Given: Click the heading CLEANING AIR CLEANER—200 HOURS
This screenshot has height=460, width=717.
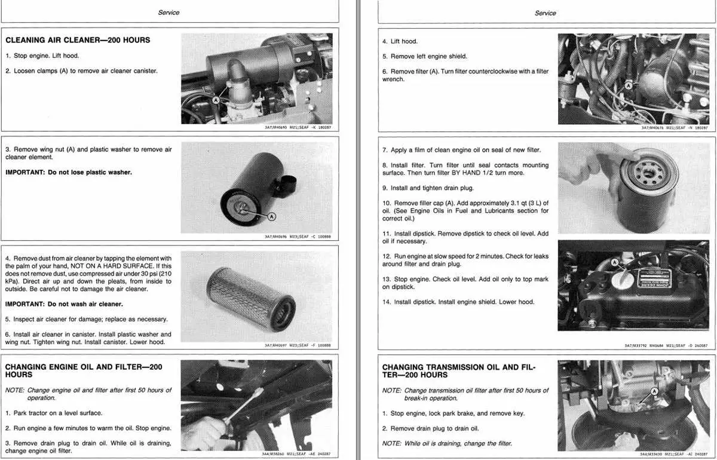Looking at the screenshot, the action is pyautogui.click(x=78, y=40).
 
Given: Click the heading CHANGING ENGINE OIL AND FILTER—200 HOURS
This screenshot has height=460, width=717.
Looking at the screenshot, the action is pyautogui.click(x=84, y=371).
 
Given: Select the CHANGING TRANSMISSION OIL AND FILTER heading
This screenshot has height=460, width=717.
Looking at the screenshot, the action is pyautogui.click(x=459, y=371).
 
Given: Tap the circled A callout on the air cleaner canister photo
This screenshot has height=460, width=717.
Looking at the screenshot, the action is pyautogui.click(x=216, y=100).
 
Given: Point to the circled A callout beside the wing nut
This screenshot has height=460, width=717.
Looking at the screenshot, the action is pyautogui.click(x=271, y=217).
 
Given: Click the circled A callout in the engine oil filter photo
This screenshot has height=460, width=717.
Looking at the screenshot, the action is pyautogui.click(x=629, y=85).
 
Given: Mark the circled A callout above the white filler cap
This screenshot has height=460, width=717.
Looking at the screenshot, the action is pyautogui.click(x=614, y=262).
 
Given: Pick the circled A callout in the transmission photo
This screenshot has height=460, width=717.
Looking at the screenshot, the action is pyautogui.click(x=655, y=391).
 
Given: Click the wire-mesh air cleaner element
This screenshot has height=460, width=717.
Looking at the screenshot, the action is pyautogui.click(x=251, y=299).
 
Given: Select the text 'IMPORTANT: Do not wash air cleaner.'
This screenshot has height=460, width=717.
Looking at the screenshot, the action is pyautogui.click(x=64, y=304).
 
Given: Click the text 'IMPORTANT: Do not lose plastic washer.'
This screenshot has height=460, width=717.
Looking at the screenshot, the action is pyautogui.click(x=69, y=172).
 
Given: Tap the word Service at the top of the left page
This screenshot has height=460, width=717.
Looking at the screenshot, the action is pyautogui.click(x=168, y=13).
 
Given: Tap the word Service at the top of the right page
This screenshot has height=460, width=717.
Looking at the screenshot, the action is pyautogui.click(x=546, y=13).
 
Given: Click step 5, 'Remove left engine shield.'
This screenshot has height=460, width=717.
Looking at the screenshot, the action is pyautogui.click(x=425, y=56).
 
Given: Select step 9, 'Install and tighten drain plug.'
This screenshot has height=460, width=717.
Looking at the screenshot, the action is pyautogui.click(x=428, y=188).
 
